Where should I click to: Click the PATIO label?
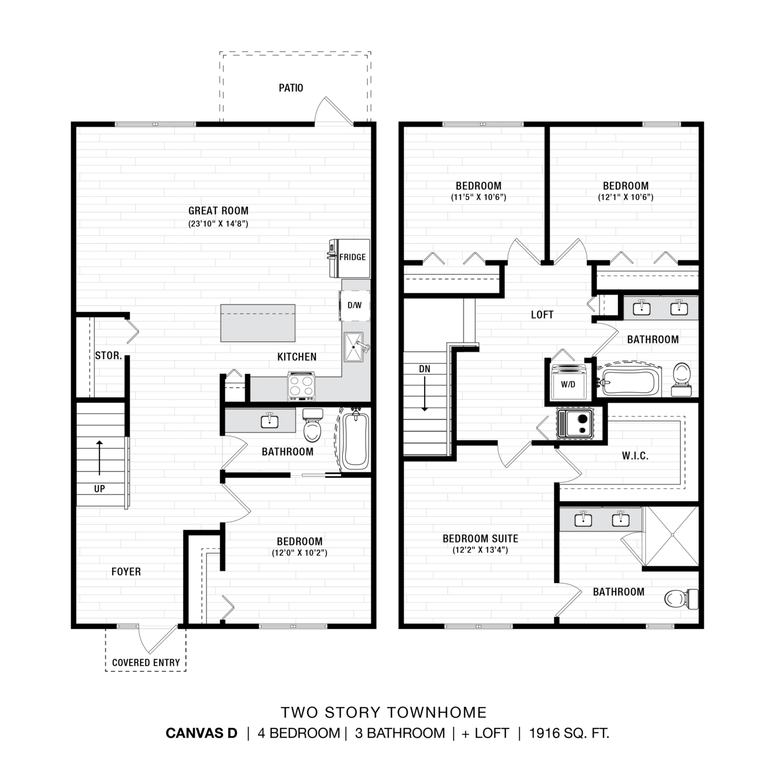(291, 88)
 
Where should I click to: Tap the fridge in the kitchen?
(349, 258)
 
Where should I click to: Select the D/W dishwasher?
(354, 306)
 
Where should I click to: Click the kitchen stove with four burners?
(301, 386)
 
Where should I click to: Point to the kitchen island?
(258, 323)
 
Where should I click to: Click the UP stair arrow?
(99, 458)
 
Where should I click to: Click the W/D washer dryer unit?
(568, 382)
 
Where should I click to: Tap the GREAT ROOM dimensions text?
(218, 224)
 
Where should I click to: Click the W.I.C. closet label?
(635, 456)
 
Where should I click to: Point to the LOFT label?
(542, 315)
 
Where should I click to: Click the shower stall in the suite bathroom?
(671, 535)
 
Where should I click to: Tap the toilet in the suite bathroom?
(681, 598)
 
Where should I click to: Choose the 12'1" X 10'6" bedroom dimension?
(626, 197)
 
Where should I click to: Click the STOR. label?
(108, 355)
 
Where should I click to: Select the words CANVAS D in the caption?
(202, 733)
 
